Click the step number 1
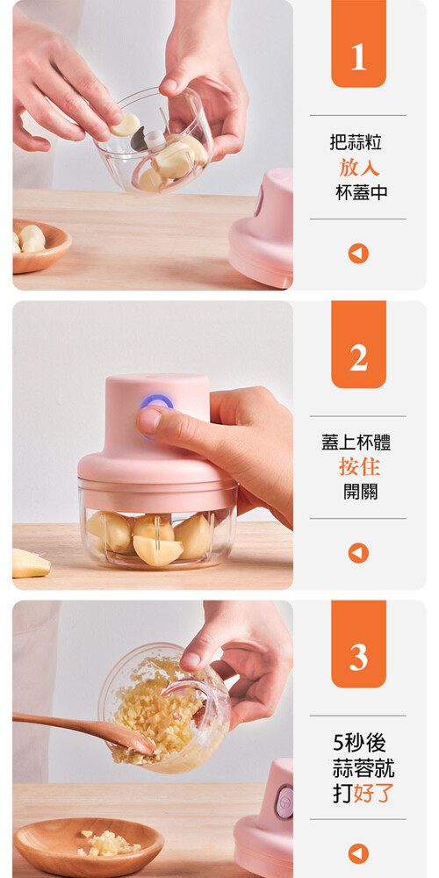[358, 57]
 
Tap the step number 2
[358, 358]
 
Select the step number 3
[358, 658]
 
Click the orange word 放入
[358, 168]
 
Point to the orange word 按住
[358, 466]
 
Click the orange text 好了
[373, 794]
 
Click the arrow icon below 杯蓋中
[358, 254]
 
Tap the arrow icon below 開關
[358, 553]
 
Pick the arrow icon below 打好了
[358, 853]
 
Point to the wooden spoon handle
[61, 724]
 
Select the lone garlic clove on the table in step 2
[30, 563]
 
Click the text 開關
[361, 492]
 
